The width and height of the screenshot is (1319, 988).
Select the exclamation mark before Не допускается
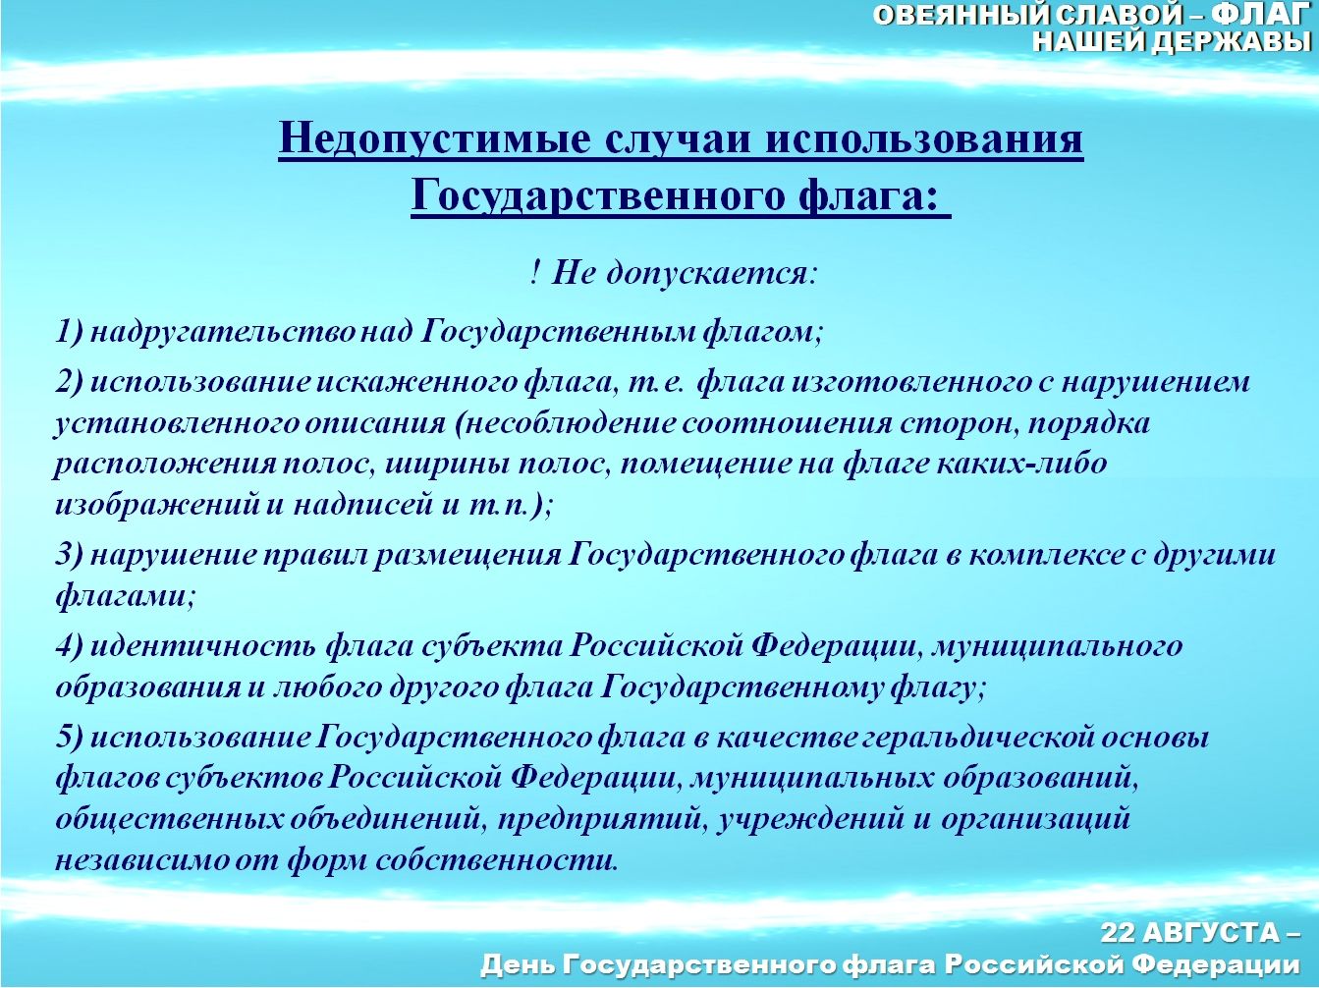pos(535,274)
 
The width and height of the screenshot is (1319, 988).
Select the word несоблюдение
pos(571,423)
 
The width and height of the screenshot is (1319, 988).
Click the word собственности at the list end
pos(496,861)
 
